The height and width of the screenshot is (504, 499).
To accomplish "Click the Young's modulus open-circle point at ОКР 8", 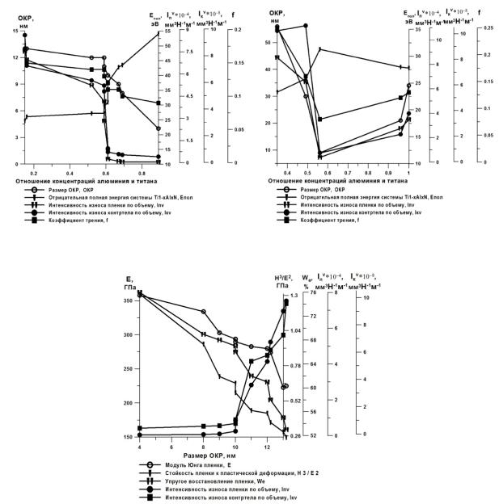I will pyautogui.click(x=203, y=312).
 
